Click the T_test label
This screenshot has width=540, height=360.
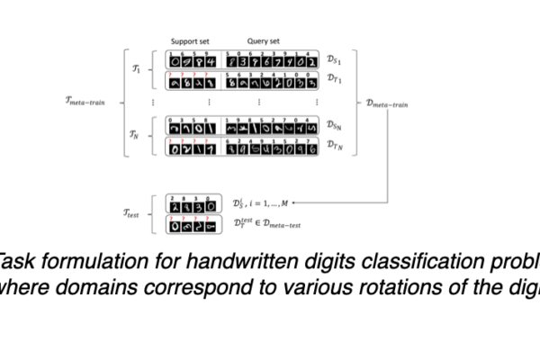pos(134,212)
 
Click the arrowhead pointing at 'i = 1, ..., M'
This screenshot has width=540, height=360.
pos(297,202)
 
